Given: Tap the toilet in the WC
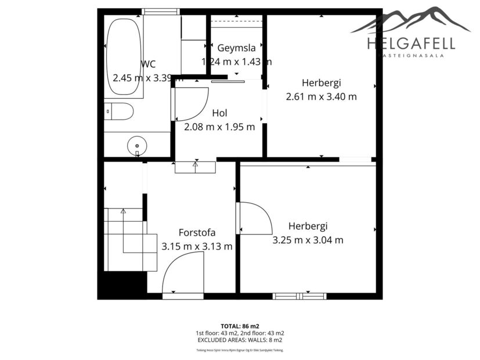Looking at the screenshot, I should tap(121, 111).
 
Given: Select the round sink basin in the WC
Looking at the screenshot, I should tap(137, 143).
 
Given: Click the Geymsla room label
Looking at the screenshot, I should tap(237, 48).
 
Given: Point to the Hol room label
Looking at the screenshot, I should tap(219, 113).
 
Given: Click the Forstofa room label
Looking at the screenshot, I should tap(197, 233).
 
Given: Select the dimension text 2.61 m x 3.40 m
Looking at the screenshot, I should tap(321, 97).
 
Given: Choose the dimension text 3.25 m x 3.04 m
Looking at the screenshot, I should tap(308, 240).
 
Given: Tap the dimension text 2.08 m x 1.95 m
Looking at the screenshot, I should tap(219, 127).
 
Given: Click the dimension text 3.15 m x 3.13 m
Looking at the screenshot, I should tap(197, 246).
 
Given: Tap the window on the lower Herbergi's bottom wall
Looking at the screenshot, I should tap(299, 296).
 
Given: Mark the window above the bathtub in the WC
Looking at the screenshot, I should tap(160, 12).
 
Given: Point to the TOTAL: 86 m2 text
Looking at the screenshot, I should tap(240, 326).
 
